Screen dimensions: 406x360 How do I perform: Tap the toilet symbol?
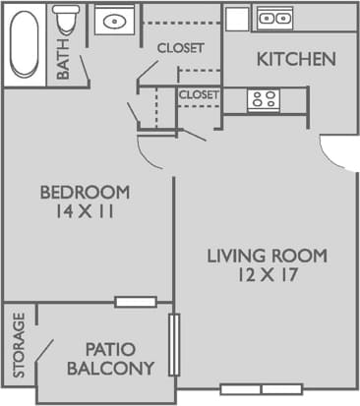click(68, 19)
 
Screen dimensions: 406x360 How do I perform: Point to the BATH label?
click(63, 63)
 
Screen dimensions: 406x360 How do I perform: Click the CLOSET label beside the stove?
click(198, 95)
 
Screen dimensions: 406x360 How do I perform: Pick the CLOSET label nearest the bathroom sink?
click(181, 47)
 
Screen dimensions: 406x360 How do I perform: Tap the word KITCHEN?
click(295, 59)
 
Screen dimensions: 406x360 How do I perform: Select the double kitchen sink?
click(273, 17)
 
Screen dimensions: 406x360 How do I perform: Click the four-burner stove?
click(263, 99)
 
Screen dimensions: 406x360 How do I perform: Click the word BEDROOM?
click(85, 191)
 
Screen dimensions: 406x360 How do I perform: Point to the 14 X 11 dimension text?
click(85, 210)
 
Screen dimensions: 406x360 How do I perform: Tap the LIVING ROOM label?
click(267, 257)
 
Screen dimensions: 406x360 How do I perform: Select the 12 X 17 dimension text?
click(267, 276)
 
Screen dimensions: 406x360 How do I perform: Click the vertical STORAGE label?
click(18, 346)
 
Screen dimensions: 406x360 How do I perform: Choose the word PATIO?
click(111, 349)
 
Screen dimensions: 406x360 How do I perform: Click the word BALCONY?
click(111, 370)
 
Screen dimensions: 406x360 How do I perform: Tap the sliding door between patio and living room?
click(174, 344)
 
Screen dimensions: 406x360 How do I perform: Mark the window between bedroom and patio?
click(135, 302)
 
